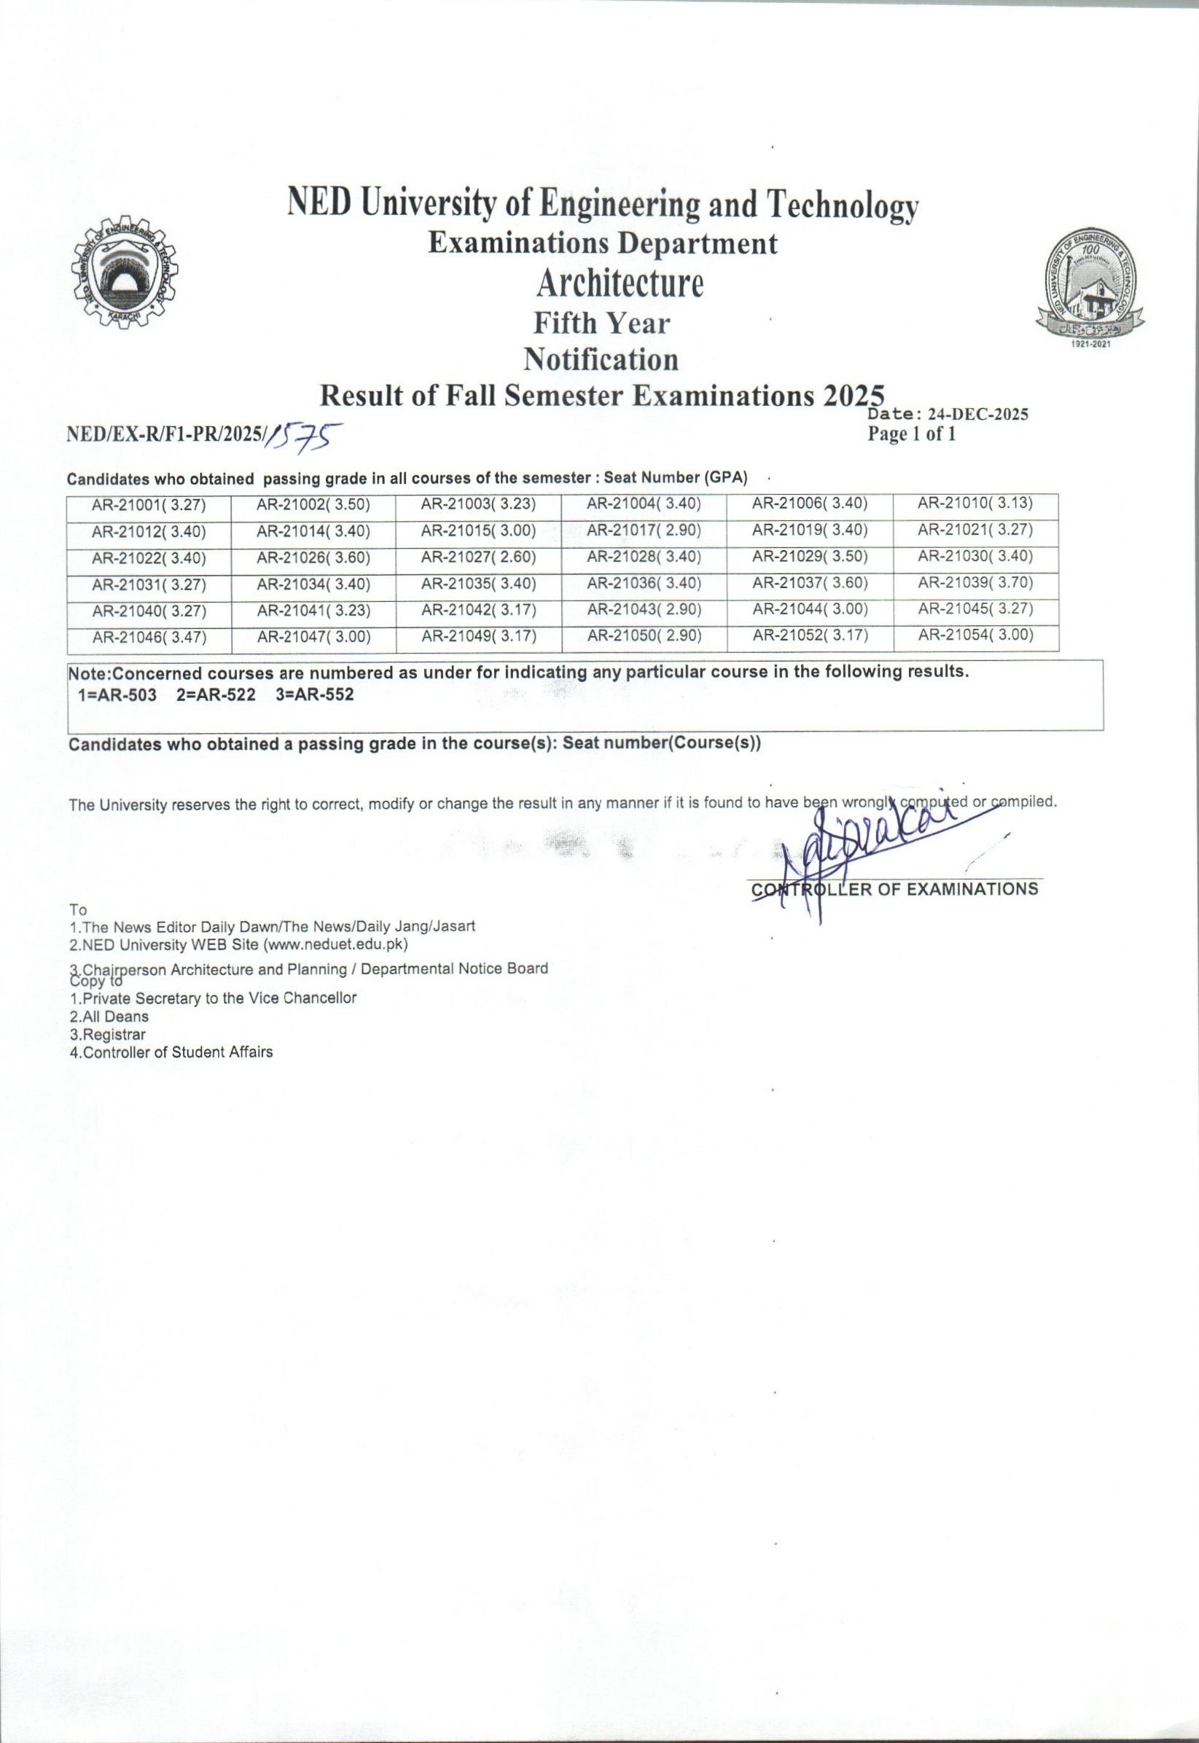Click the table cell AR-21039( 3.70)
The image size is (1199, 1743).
click(x=975, y=583)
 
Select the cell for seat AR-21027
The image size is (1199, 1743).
click(x=479, y=557)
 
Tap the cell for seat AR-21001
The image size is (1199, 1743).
click(x=149, y=506)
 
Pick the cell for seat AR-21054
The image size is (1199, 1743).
click(x=975, y=635)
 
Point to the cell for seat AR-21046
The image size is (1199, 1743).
click(x=149, y=638)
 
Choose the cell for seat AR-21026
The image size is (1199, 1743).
click(x=313, y=557)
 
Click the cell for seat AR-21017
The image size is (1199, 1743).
click(x=644, y=531)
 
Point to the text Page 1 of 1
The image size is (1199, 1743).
click(x=911, y=434)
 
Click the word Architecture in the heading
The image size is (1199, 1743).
click(x=620, y=284)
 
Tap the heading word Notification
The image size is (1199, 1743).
click(x=601, y=360)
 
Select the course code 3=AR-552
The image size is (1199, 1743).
click(x=314, y=694)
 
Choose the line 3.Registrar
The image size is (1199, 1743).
click(x=107, y=1034)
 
